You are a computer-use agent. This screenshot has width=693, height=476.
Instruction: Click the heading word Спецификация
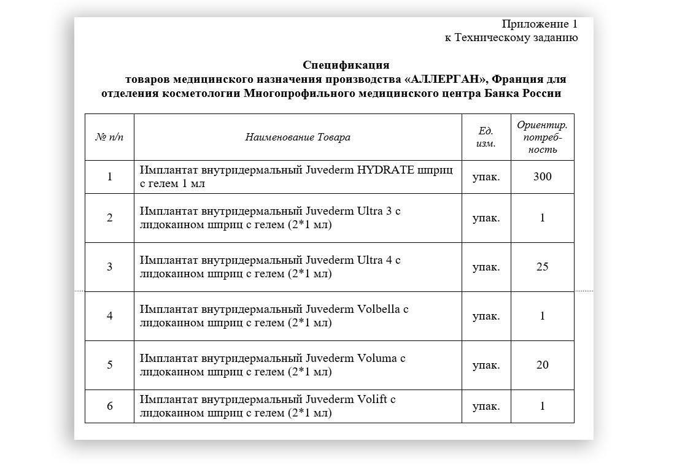[346, 65]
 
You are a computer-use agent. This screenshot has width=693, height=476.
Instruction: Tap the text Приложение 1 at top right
[540, 24]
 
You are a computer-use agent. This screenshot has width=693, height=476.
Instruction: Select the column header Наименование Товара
[298, 137]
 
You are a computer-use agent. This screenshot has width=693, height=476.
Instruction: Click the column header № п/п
[109, 137]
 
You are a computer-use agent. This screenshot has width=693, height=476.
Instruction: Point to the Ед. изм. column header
[486, 137]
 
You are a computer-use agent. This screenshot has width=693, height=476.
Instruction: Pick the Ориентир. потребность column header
[542, 137]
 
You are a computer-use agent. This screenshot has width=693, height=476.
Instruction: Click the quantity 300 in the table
[542, 177]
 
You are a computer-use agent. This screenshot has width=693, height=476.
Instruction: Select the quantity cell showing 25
[542, 267]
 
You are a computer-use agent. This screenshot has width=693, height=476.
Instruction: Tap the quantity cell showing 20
[542, 365]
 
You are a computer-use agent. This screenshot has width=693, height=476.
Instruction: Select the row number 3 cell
[109, 267]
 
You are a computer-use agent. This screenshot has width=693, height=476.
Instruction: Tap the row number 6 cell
[109, 406]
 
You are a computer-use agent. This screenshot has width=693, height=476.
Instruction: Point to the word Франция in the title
[517, 79]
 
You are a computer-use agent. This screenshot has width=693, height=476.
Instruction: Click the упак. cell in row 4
[486, 316]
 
